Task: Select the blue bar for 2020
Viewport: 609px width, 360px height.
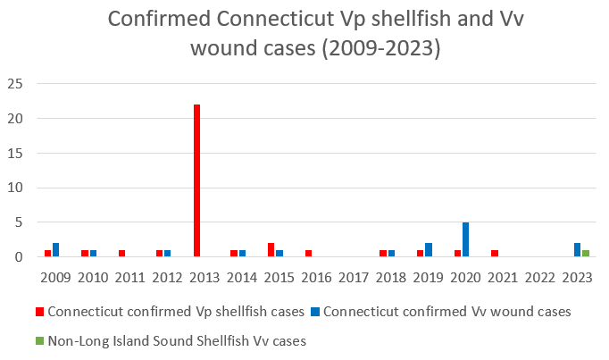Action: coord(465,239)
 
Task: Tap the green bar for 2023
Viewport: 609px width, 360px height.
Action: coord(585,254)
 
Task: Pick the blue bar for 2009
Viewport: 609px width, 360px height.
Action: coord(56,250)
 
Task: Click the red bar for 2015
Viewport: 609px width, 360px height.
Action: coord(271,250)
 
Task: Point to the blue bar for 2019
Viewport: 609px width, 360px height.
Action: coord(429,250)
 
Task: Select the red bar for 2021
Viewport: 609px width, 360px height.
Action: coord(495,254)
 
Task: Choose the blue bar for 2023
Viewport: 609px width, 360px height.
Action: coord(577,250)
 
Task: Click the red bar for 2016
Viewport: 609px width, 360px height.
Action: coord(308,254)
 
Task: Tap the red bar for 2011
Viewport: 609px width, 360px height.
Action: coord(121,254)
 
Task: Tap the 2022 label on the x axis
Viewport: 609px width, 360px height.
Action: coord(539,279)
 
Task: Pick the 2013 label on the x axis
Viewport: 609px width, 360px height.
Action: coord(204,279)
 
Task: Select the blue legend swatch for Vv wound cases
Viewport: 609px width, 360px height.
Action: coord(315,312)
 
